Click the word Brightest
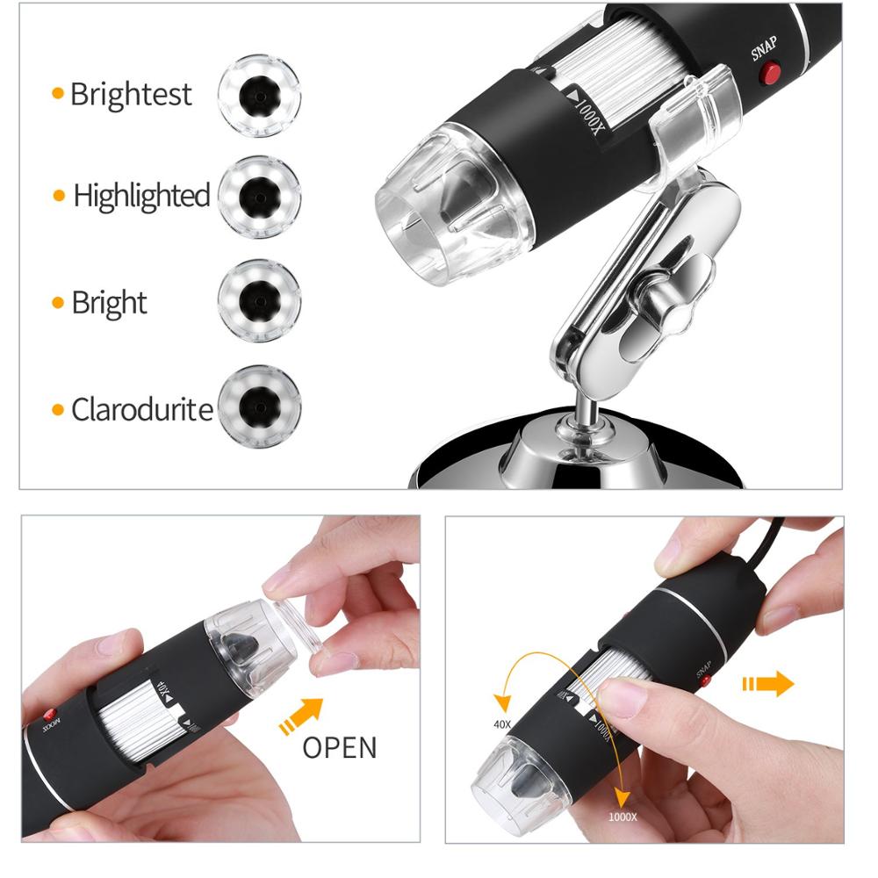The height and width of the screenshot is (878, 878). (130, 94)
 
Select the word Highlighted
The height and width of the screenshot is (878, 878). (141, 196)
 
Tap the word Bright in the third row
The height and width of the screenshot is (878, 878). (109, 304)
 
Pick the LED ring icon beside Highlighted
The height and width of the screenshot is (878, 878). (259, 197)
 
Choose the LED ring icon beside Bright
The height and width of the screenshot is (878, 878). (259, 300)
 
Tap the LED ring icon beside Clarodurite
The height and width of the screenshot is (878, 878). (259, 407)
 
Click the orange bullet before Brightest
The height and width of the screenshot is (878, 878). (58, 94)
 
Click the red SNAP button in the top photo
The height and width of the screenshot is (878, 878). (771, 74)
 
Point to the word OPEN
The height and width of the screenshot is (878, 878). (340, 748)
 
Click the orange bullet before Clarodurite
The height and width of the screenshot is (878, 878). (59, 409)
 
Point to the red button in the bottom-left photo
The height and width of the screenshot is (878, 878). (50, 714)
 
